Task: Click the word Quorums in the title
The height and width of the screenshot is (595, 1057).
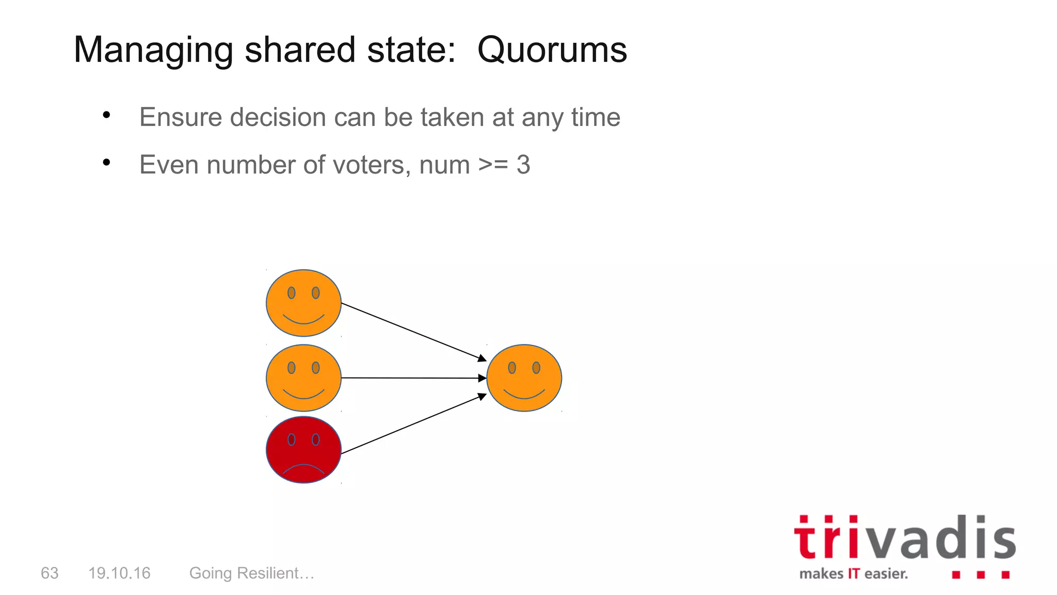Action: click(x=552, y=50)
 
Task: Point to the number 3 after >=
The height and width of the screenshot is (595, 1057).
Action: click(x=523, y=165)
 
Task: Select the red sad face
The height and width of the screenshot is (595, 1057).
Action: click(x=303, y=449)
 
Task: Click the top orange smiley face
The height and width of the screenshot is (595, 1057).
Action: click(x=303, y=303)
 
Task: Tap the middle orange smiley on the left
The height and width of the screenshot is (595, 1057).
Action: click(x=303, y=378)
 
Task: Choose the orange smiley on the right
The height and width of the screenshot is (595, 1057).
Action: click(x=524, y=378)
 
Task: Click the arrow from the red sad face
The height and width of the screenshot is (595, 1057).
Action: click(x=413, y=424)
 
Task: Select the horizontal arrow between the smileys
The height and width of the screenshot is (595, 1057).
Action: click(x=413, y=378)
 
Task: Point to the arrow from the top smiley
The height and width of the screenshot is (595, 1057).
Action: click(x=413, y=332)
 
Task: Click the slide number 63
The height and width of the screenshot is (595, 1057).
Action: click(x=50, y=573)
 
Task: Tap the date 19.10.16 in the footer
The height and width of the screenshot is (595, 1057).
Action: click(x=119, y=573)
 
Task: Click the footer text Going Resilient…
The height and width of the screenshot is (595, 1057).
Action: click(x=252, y=573)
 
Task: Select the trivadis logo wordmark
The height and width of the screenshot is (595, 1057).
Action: click(x=905, y=538)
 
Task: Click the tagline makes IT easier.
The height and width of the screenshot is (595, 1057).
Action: click(x=853, y=574)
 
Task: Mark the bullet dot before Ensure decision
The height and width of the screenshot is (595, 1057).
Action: click(x=106, y=115)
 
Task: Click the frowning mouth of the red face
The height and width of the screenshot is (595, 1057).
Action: click(x=303, y=468)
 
